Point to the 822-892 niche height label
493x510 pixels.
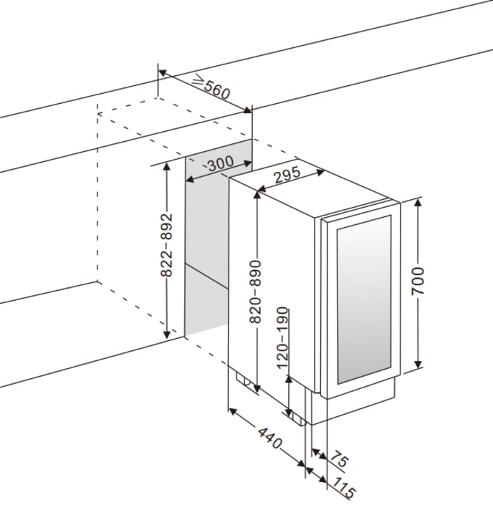point(166,246)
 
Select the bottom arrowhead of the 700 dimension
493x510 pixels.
point(418,368)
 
